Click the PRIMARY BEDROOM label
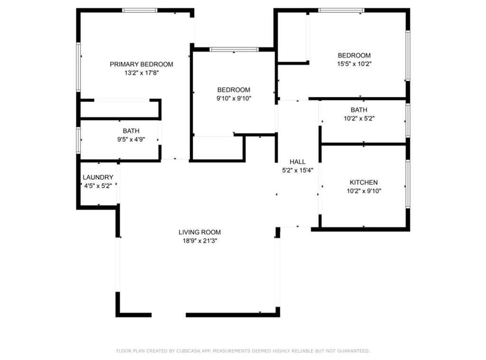point(141,64)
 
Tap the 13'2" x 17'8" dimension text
point(141,73)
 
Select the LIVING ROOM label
point(200,232)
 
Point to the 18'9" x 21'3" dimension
point(200,241)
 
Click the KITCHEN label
point(364,182)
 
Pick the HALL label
point(298,161)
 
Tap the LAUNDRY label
point(98,177)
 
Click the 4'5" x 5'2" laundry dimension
point(98,186)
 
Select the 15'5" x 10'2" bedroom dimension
point(354,64)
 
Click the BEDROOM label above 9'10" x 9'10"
point(234,90)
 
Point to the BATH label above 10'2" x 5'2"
point(359,110)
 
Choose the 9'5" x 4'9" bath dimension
point(131,139)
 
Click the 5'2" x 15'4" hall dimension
point(298,170)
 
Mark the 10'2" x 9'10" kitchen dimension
point(364,191)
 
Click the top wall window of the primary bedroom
point(140,10)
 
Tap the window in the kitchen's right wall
point(408,184)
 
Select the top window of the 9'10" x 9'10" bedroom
point(234,49)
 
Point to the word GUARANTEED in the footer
point(353,351)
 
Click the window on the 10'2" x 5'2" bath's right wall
point(408,120)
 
